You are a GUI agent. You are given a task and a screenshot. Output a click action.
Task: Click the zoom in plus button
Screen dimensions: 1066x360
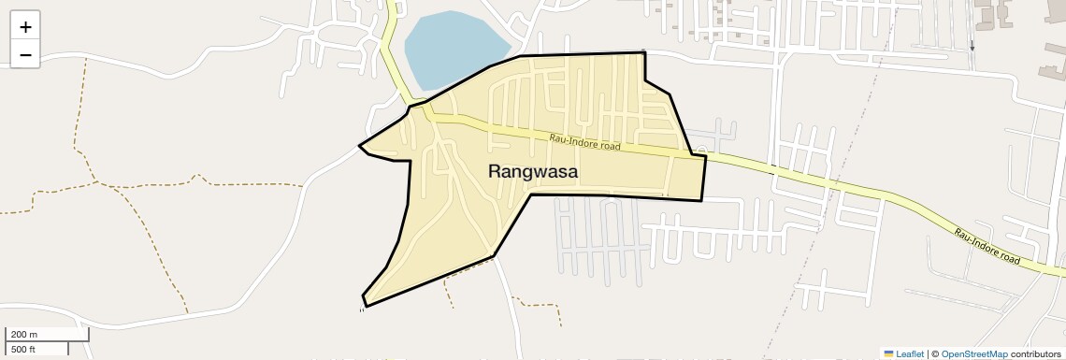(25, 27)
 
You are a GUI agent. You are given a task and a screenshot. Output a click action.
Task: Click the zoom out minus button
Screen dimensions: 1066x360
(25, 54)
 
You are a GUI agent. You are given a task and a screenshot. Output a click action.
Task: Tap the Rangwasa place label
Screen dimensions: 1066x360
(533, 172)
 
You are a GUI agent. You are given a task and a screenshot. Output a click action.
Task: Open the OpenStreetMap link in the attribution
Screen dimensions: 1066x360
(974, 353)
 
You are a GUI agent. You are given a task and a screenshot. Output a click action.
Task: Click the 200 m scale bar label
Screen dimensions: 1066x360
(23, 335)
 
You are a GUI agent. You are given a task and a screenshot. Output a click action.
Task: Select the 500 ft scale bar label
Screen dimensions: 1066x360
(23, 349)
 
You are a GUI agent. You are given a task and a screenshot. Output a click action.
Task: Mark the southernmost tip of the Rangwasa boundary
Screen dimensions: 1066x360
(365, 306)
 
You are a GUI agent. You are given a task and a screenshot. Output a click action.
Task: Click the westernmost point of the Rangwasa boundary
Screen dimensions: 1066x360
(360, 145)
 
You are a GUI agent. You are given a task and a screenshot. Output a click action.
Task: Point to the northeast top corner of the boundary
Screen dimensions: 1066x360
(644, 53)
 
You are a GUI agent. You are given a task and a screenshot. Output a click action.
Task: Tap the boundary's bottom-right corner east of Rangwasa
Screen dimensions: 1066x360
(701, 199)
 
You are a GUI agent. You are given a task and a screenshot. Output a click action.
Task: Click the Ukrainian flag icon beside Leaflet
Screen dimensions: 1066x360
(888, 353)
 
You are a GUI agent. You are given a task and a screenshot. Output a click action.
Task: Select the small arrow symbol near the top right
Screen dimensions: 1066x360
(972, 44)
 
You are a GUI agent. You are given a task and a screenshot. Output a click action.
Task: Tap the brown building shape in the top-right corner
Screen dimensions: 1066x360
(991, 11)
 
